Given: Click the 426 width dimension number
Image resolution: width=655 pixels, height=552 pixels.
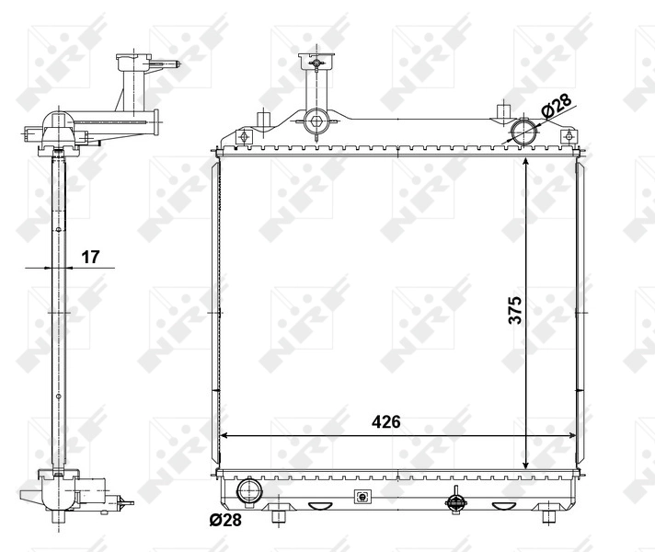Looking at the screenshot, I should click(386, 422).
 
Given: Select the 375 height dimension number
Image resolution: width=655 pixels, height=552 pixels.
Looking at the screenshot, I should click(515, 310).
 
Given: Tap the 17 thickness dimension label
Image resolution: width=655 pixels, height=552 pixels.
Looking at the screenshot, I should click(89, 257).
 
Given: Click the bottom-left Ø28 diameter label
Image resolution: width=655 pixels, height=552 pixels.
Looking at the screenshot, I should click(224, 521).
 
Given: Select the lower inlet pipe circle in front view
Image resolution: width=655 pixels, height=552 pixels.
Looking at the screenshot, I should click(248, 491).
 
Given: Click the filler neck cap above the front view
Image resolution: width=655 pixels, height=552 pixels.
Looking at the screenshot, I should click(313, 63).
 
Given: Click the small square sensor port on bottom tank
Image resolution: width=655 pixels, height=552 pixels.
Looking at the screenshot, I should click(362, 497).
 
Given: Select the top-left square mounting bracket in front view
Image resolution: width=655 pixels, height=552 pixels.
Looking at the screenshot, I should click(243, 138).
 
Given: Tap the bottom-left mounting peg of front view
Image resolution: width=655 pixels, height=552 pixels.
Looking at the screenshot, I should click(279, 516).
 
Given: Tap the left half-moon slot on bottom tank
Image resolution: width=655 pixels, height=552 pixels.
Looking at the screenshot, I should click(318, 505).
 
